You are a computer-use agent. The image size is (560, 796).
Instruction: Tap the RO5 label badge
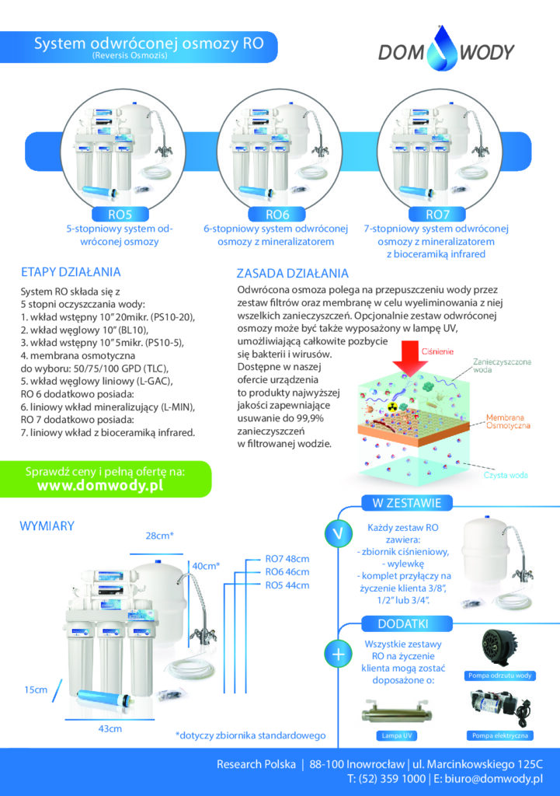[120, 215]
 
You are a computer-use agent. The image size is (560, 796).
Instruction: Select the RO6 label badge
[277, 215]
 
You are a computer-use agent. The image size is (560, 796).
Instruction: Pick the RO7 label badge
[437, 215]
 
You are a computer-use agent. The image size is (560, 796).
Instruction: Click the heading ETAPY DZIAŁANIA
[71, 272]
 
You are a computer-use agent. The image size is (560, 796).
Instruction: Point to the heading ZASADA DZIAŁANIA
[293, 274]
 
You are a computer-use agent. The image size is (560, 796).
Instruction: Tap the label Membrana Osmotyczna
[508, 421]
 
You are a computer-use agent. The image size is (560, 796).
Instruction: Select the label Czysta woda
[506, 475]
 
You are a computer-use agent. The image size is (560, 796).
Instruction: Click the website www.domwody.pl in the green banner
[100, 485]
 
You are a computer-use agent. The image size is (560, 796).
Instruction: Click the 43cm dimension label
[110, 728]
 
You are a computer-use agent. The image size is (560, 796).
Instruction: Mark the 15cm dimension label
[36, 690]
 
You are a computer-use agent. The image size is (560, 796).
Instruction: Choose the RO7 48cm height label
[287, 559]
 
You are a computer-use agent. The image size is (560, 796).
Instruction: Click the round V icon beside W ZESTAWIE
[339, 533]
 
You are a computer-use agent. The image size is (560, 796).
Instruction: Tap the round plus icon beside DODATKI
[339, 654]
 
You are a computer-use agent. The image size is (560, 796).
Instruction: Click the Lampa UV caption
[396, 735]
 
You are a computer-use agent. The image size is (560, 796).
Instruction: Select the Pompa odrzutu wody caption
[499, 676]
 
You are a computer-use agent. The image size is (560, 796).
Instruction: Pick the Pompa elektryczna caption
[500, 735]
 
